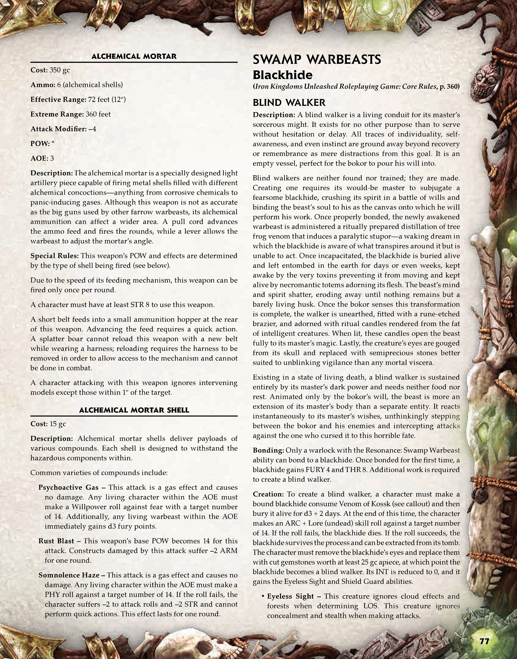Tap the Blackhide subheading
click(x=282, y=75)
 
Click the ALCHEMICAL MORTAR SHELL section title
click(x=134, y=410)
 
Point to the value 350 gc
click(x=60, y=70)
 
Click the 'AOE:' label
click(x=39, y=158)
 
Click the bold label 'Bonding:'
click(x=268, y=450)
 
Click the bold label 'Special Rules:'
click(x=54, y=256)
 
